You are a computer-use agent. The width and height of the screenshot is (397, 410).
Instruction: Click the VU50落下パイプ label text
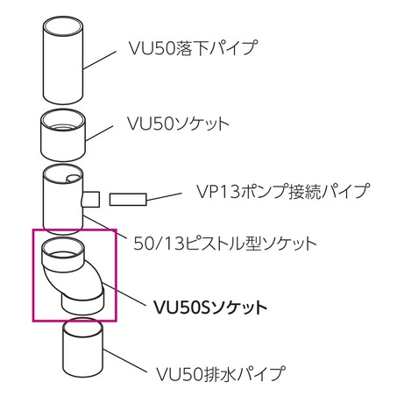pos(194,48)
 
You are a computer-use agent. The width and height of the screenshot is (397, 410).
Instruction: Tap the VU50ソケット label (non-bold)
pos(178,124)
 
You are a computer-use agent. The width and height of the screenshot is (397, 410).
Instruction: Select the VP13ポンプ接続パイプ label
pos(283,191)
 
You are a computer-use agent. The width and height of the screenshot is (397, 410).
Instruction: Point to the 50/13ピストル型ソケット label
pos(225,244)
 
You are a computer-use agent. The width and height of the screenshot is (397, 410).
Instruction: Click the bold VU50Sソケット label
pos(210,307)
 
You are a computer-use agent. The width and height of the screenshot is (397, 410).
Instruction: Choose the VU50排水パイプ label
pos(221,374)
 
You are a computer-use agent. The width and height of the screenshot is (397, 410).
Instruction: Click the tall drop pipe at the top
pos(63,60)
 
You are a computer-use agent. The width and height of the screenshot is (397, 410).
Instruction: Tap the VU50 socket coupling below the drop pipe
pos(63,135)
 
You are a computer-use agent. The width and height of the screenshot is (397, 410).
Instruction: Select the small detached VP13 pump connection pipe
pos(128,200)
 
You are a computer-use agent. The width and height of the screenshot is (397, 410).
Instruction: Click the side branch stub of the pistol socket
pos(91,199)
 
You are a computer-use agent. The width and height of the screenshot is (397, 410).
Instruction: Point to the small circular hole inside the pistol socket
pos(73,179)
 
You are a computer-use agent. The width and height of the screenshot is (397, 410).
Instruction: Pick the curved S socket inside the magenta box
pos(73,276)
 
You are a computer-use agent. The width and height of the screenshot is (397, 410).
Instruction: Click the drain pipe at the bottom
pos(83,348)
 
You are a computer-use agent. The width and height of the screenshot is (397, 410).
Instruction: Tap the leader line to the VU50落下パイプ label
pos(100,60)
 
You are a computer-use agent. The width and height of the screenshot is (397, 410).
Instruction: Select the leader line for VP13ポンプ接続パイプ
pos(164,196)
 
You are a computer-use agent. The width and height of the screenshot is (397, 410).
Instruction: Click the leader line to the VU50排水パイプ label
pos(124,361)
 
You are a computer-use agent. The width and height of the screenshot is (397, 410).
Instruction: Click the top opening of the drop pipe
pos(63,25)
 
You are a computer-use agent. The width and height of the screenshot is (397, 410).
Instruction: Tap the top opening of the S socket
pos(63,247)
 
